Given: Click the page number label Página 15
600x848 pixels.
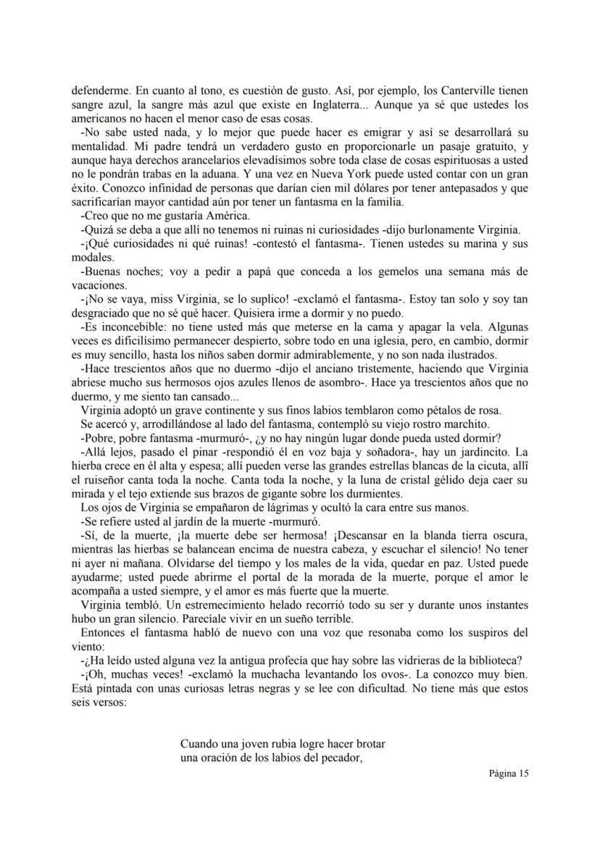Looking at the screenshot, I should click(509, 773).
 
